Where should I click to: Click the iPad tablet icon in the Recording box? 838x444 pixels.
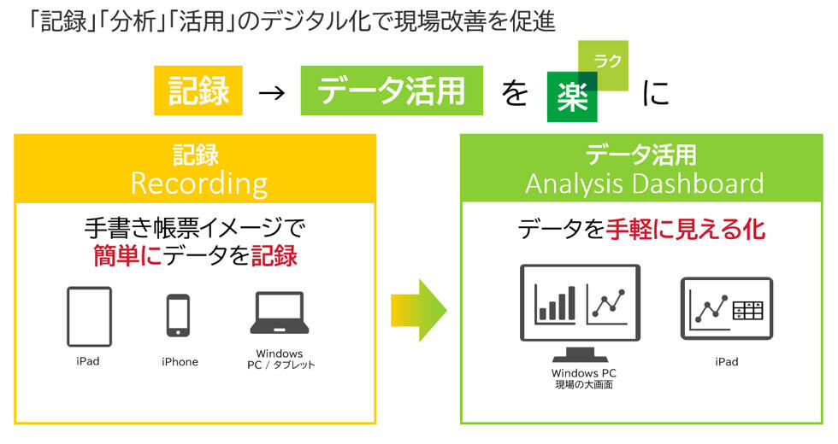89,316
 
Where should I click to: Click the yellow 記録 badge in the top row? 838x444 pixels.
199,91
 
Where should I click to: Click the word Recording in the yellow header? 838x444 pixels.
198,184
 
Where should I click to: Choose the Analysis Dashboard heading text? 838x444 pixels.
644,184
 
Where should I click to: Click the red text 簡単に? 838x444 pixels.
127,254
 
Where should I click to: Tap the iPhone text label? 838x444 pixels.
180,362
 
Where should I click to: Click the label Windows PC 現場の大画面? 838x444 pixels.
584,379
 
